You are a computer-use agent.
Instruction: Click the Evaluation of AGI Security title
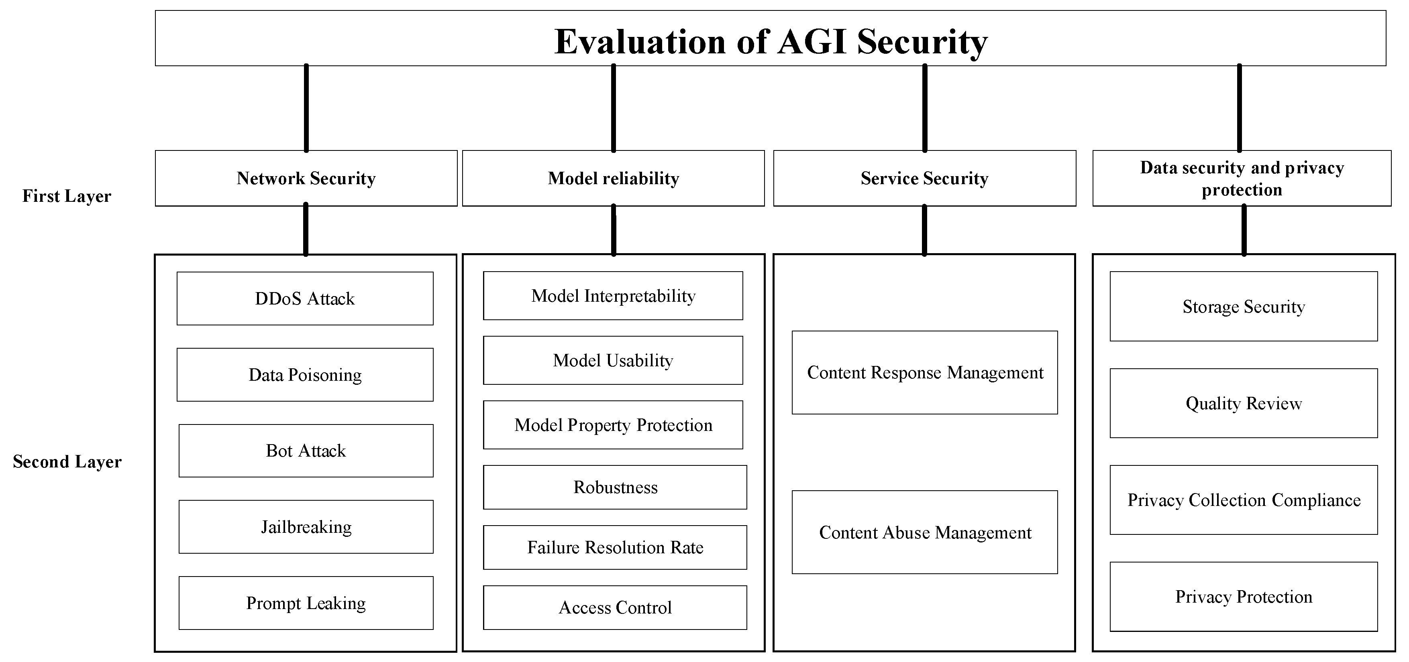coord(770,41)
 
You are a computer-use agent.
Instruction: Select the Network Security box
coord(306,178)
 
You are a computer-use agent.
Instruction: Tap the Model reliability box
coord(613,178)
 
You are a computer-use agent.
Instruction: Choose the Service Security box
coord(924,178)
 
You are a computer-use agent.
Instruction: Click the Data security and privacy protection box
coord(1242,178)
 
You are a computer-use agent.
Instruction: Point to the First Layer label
coord(66,196)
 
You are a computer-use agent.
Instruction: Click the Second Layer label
coord(67,461)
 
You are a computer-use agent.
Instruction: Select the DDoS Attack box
coord(305,299)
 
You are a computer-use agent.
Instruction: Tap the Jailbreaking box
coord(306,526)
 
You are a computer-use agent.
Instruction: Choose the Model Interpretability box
coord(613,296)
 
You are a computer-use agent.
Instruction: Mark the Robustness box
coord(615,487)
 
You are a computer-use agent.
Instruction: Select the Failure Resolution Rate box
coord(615,547)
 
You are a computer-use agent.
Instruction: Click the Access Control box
coord(615,607)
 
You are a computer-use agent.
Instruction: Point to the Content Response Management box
coord(924,372)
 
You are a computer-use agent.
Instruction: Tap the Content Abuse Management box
coord(924,532)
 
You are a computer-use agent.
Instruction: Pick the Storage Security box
coord(1243,306)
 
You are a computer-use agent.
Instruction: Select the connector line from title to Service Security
coord(924,108)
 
